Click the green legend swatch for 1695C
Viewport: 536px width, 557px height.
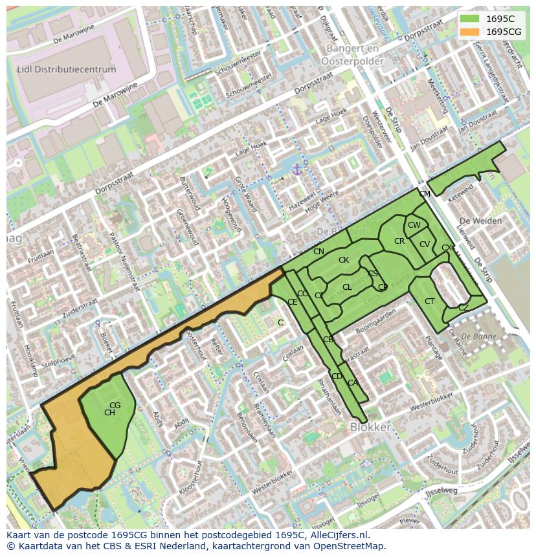471,19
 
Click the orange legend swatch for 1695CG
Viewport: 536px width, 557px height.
471,32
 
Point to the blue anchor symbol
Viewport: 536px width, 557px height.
297,169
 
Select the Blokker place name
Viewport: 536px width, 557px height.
370,427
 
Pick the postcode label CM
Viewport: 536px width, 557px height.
424,194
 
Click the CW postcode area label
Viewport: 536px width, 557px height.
414,225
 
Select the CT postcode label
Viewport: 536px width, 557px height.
429,301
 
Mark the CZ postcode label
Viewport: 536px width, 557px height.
463,308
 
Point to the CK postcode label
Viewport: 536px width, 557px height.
344,260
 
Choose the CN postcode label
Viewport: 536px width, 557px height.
318,251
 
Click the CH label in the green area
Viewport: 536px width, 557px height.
109,413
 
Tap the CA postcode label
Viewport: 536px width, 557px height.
352,383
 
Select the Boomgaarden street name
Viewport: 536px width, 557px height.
375,321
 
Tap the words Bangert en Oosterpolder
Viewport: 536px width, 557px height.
355,55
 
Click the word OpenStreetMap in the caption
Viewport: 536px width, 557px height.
346,546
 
